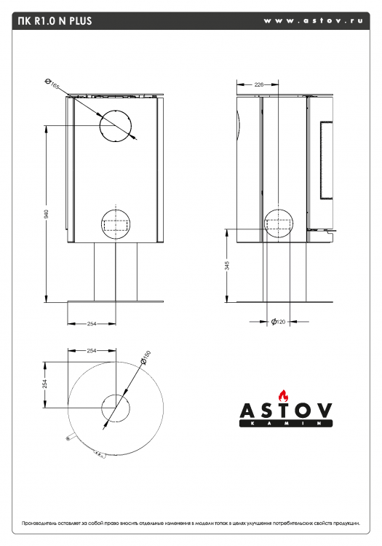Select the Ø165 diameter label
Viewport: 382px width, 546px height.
coord(51,84)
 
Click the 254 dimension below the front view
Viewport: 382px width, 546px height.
coord(92,323)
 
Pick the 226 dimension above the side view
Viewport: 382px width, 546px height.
coord(258,84)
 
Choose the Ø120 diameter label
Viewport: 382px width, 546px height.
coord(278,321)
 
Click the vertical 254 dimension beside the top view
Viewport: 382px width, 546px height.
coord(44,383)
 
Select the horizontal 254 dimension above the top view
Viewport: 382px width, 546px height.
coord(92,351)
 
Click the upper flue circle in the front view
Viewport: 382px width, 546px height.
coord(116,126)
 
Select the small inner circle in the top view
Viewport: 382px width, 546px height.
coord(115,408)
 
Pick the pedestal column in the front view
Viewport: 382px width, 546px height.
coord(115,271)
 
